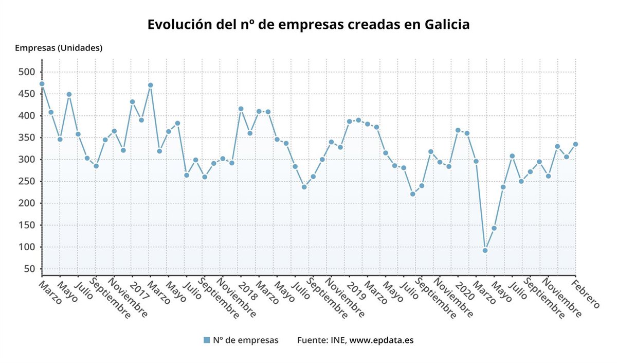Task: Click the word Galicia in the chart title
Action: (447, 25)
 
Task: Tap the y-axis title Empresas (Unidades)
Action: (59, 48)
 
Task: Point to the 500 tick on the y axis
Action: (27, 72)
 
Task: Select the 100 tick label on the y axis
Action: (27, 247)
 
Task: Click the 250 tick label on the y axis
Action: (27, 181)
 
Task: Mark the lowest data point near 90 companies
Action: (485, 251)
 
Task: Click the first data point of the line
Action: (42, 84)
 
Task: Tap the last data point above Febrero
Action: (575, 144)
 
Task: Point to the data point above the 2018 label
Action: (241, 109)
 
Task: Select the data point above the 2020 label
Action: (458, 130)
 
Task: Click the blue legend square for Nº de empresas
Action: (207, 340)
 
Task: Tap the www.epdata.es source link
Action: (382, 340)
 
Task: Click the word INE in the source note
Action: (337, 340)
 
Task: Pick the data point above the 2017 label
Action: (132, 102)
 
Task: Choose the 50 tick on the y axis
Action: (30, 269)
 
